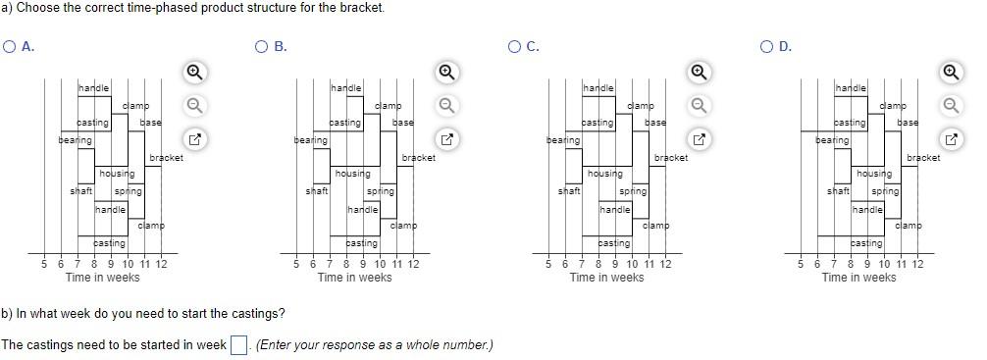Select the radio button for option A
pyautogui.click(x=10, y=46)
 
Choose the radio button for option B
pyautogui.click(x=261, y=46)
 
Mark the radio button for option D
pyautogui.click(x=767, y=46)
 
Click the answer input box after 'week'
pyautogui.click(x=237, y=345)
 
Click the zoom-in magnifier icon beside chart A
pyautogui.click(x=194, y=72)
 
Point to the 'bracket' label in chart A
pyautogui.click(x=166, y=158)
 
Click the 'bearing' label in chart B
pyautogui.click(x=311, y=141)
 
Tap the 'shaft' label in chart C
pyautogui.click(x=568, y=191)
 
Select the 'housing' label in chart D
pyautogui.click(x=874, y=174)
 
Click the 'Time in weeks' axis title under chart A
pyautogui.click(x=102, y=278)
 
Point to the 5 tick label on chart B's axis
pyautogui.click(x=296, y=264)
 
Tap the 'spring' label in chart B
pyautogui.click(x=380, y=191)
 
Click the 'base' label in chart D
pyautogui.click(x=908, y=123)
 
